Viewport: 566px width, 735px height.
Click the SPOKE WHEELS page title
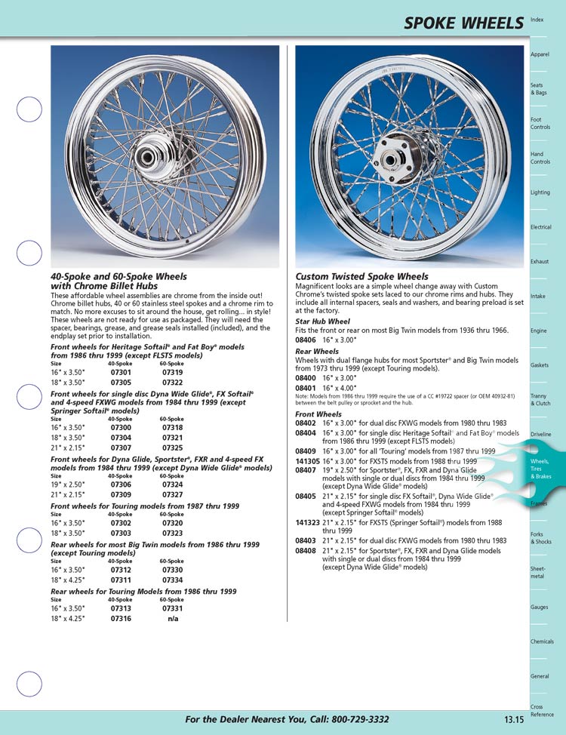(x=463, y=23)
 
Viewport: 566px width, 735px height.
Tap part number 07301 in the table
(x=121, y=372)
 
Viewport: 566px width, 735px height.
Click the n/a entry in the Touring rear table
(x=172, y=618)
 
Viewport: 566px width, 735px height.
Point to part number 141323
(x=307, y=522)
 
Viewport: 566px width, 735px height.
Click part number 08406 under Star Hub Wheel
(x=306, y=340)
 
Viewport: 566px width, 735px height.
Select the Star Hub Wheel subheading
(x=322, y=321)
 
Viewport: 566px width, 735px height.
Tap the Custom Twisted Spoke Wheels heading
(x=361, y=277)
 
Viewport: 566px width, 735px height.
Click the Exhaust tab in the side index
(x=540, y=262)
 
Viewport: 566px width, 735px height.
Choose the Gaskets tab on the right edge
(x=540, y=365)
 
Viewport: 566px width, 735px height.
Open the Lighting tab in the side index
(x=540, y=192)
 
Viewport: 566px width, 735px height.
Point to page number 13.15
(x=514, y=720)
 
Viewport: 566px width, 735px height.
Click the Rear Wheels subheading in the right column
(x=317, y=351)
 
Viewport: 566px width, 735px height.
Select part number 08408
(x=306, y=551)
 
